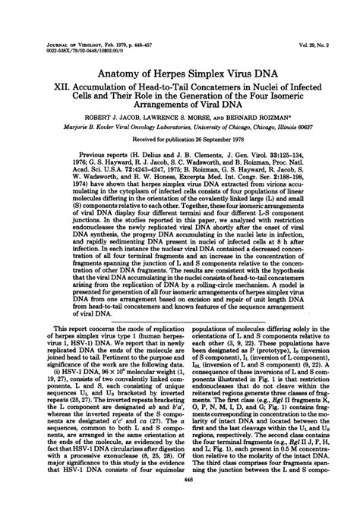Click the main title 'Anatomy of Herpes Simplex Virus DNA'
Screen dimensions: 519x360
[180, 74]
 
